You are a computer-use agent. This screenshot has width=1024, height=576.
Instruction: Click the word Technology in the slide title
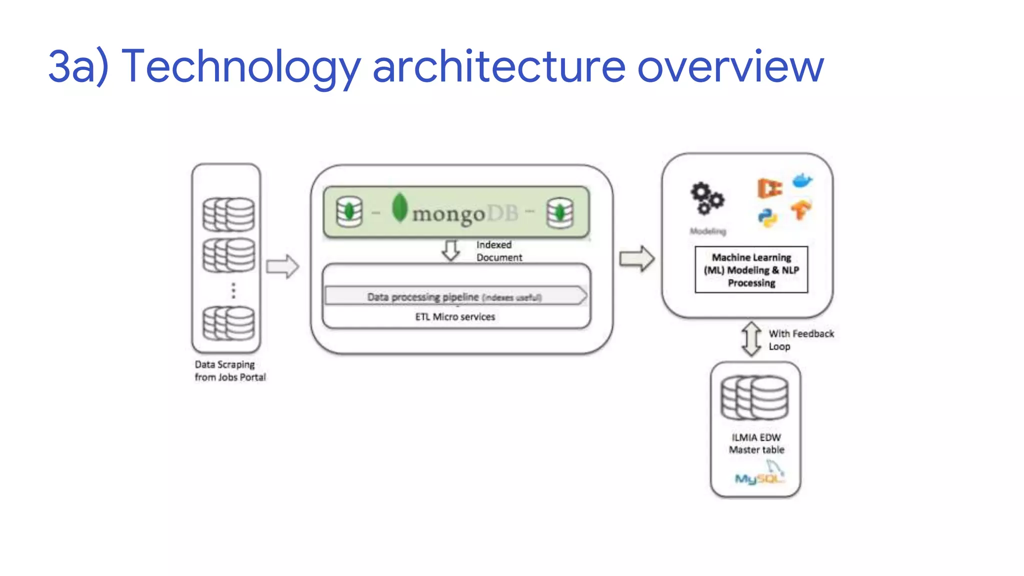tap(240, 66)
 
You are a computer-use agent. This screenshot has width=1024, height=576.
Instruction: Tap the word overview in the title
tap(730, 66)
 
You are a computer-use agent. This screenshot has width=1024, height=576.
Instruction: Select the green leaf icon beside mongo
tap(399, 207)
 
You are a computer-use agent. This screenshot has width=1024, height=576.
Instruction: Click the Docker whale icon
tap(802, 180)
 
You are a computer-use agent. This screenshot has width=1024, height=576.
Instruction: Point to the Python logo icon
tap(767, 217)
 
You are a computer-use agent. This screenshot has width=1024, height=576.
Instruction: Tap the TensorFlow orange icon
tap(801, 210)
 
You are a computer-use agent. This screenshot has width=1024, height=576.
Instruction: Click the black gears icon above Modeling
tap(707, 198)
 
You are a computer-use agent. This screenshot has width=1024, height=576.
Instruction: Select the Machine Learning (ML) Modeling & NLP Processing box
tap(751, 270)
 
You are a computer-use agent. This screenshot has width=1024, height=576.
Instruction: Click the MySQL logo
tap(759, 475)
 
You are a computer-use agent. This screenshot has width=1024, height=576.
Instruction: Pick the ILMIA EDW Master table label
tap(756, 443)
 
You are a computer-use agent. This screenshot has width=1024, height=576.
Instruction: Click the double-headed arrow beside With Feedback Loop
tap(751, 339)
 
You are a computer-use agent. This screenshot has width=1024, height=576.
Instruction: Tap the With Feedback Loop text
tap(800, 340)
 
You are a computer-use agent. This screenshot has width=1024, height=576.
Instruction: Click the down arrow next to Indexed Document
tap(451, 250)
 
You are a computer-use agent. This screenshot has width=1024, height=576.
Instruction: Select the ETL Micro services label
tap(455, 317)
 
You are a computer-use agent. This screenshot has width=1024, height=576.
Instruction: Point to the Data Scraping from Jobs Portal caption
tap(230, 371)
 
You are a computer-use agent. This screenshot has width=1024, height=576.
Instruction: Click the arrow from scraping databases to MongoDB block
tap(282, 266)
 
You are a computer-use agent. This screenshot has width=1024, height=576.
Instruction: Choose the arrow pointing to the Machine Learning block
tap(636, 259)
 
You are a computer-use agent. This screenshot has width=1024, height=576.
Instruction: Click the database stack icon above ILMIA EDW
tap(754, 398)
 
